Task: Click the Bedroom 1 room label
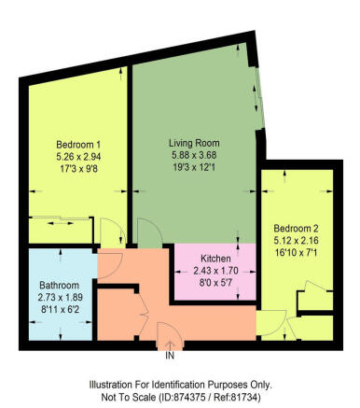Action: pos(78,145)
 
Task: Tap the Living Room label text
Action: pos(194,143)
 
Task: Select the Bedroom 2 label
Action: pos(296,229)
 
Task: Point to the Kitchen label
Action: pos(215,259)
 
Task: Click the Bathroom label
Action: pos(59,286)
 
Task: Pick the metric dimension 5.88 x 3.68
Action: pos(194,155)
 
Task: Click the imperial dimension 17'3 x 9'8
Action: pos(78,168)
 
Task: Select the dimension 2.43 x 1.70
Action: pos(215,271)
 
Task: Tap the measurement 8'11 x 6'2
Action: pos(59,309)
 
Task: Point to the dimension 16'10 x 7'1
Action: pos(296,252)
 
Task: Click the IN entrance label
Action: pos(170,356)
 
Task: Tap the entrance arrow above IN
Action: pos(170,346)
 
